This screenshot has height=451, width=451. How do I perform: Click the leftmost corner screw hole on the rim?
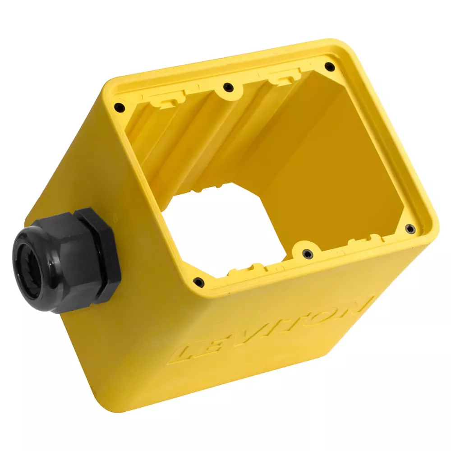119,107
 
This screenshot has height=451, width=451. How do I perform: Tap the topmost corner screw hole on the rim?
330,67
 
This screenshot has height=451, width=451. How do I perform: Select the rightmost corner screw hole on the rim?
410,229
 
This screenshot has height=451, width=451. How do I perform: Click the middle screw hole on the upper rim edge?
228,87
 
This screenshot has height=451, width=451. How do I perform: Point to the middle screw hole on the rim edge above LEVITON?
307,254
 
